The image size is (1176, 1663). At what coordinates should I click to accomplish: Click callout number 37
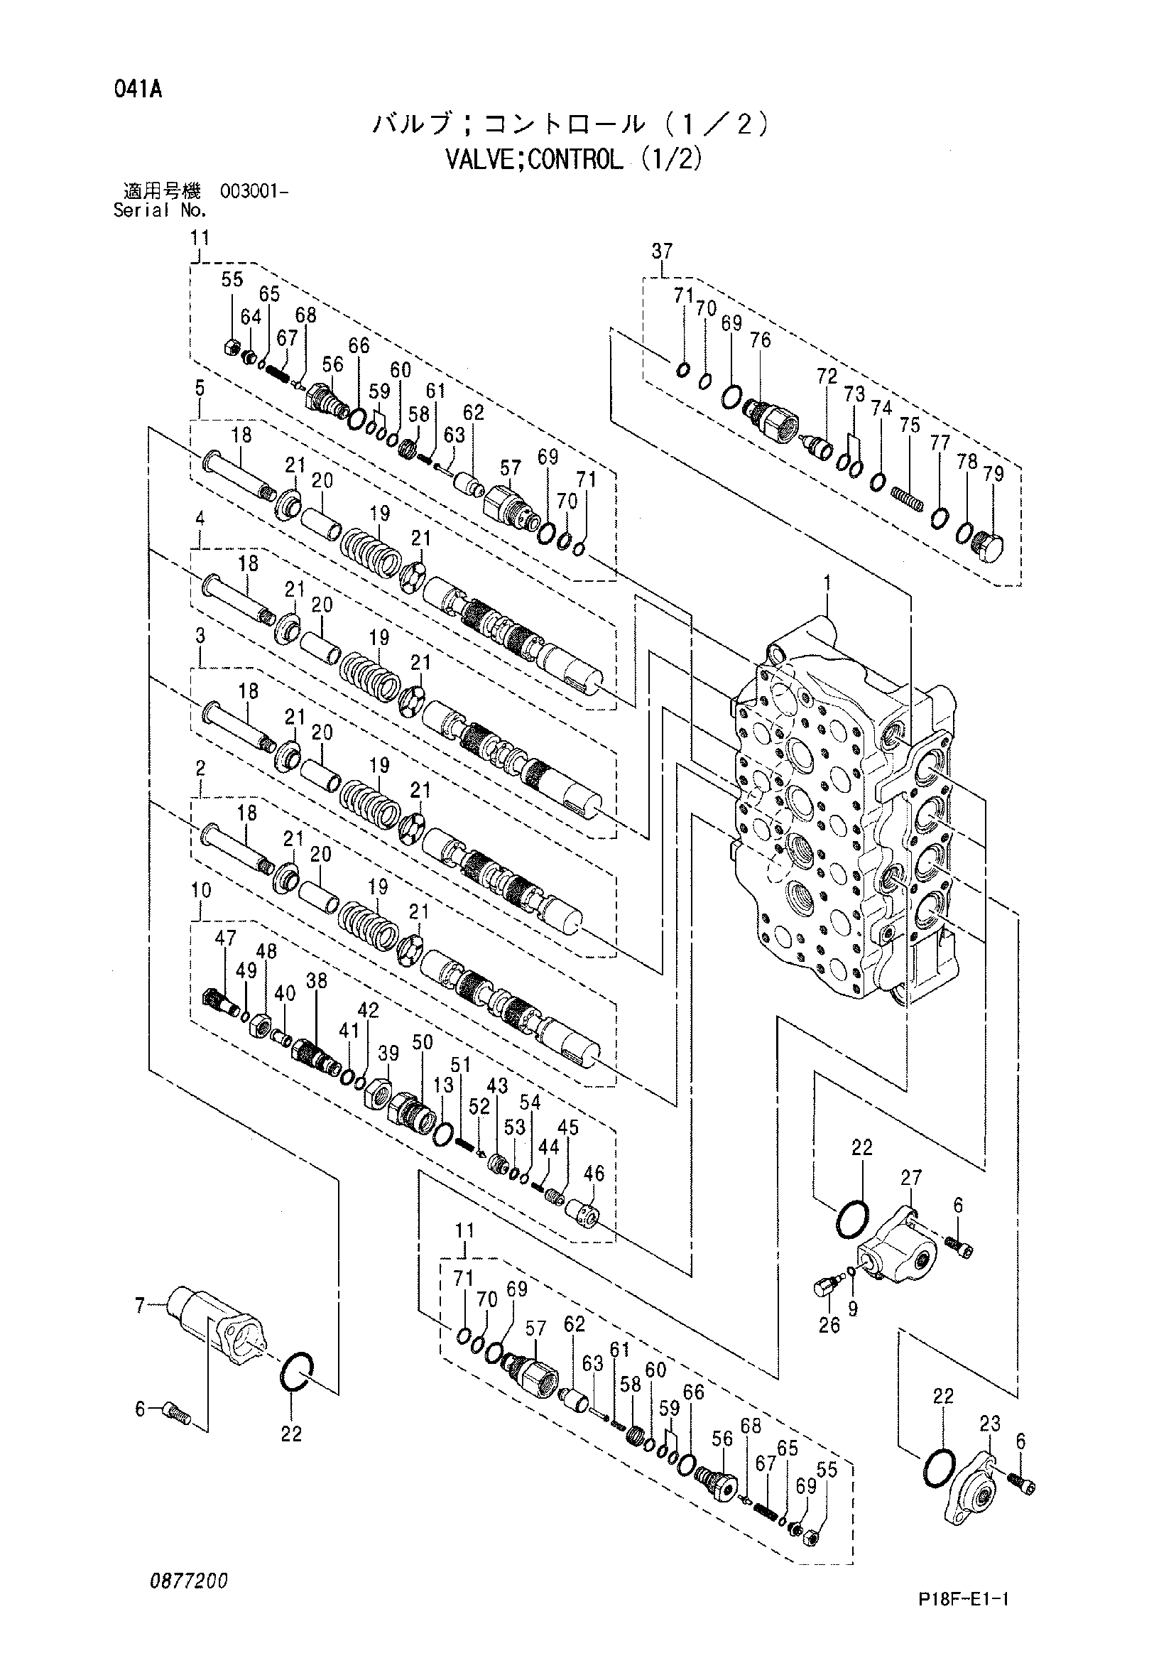[x=662, y=251]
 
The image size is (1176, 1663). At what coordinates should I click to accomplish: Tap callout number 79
[x=994, y=474]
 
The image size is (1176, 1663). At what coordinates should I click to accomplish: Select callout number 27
[x=911, y=1178]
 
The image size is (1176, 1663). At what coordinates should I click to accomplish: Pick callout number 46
[x=594, y=1173]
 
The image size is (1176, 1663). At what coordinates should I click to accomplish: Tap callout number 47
[x=225, y=938]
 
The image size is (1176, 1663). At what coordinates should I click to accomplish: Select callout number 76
[x=761, y=340]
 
